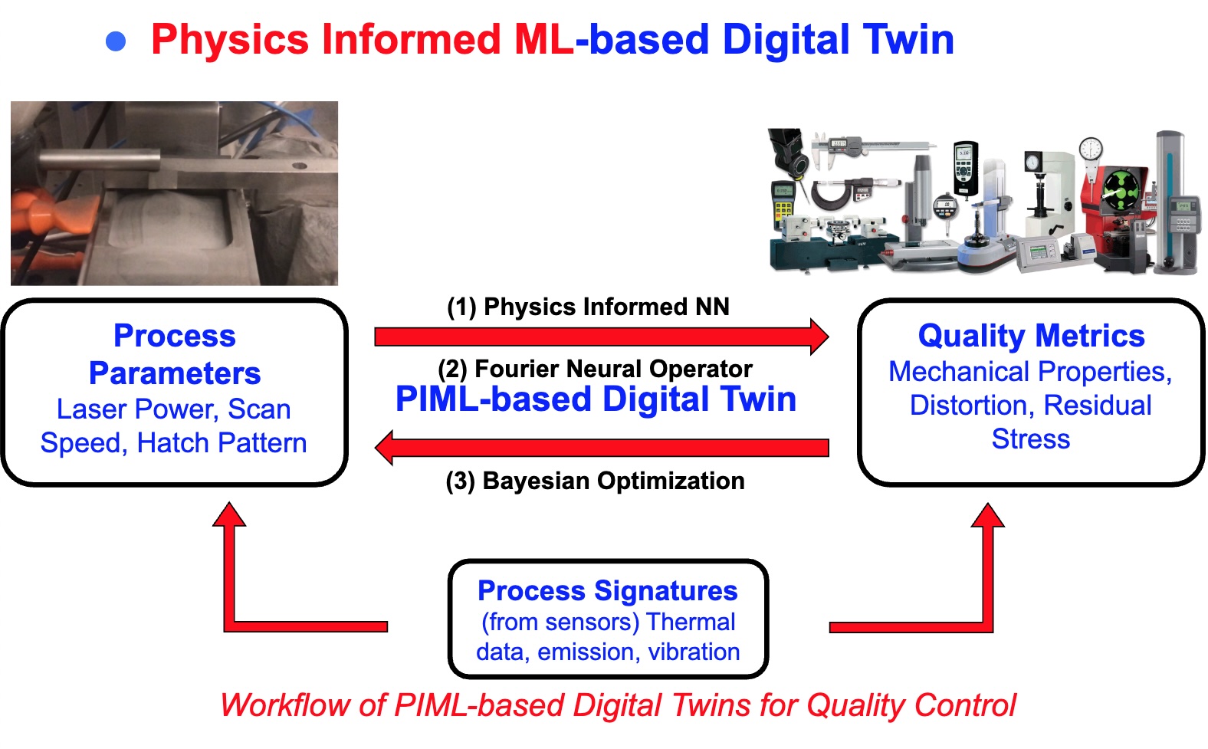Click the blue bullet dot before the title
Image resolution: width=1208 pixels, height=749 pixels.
116,41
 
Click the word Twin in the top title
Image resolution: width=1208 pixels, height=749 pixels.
908,40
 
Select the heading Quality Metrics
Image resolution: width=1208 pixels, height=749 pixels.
1031,336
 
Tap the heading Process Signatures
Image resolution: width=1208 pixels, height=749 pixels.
607,590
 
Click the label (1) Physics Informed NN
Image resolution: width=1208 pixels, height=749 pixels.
588,307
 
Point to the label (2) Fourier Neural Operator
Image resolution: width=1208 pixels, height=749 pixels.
595,369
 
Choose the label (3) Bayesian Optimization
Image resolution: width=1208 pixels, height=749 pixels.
595,481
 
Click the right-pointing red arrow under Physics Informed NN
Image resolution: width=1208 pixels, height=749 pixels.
601,337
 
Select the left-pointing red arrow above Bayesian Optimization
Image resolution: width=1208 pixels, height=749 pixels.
601,448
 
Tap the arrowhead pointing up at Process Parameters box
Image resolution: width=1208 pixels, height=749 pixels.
229,514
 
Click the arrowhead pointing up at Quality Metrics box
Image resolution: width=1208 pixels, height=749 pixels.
987,516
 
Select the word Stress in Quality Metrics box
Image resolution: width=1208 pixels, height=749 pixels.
1030,439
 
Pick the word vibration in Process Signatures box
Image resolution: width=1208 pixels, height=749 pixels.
694,652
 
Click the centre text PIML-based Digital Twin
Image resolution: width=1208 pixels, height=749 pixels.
596,399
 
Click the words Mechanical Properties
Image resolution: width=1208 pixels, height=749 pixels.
1029,372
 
